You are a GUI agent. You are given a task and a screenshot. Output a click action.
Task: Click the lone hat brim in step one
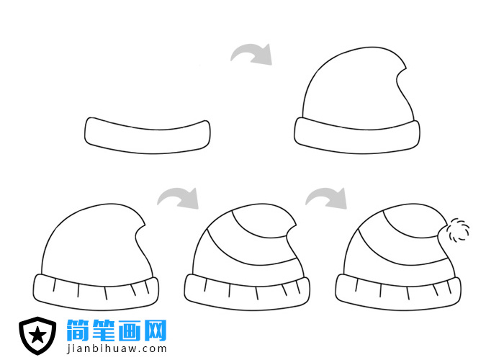coord(148,135)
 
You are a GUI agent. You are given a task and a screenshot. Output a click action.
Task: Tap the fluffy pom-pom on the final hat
coord(455,232)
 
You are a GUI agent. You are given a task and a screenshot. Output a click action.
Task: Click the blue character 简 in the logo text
coord(78,331)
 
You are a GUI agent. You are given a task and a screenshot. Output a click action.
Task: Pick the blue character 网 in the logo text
coord(155,331)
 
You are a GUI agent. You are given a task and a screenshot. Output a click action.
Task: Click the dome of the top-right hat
coord(353,90)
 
